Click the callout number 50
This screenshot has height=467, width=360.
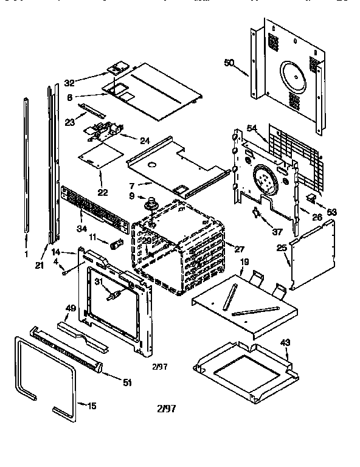229,63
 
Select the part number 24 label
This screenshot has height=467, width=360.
145,140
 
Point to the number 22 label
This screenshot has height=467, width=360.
103,192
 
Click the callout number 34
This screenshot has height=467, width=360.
83,228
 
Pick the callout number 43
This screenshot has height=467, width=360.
285,342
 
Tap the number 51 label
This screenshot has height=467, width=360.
127,382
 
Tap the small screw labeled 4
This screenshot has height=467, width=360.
63,272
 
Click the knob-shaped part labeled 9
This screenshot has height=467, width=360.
148,201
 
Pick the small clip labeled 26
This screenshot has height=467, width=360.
310,198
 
